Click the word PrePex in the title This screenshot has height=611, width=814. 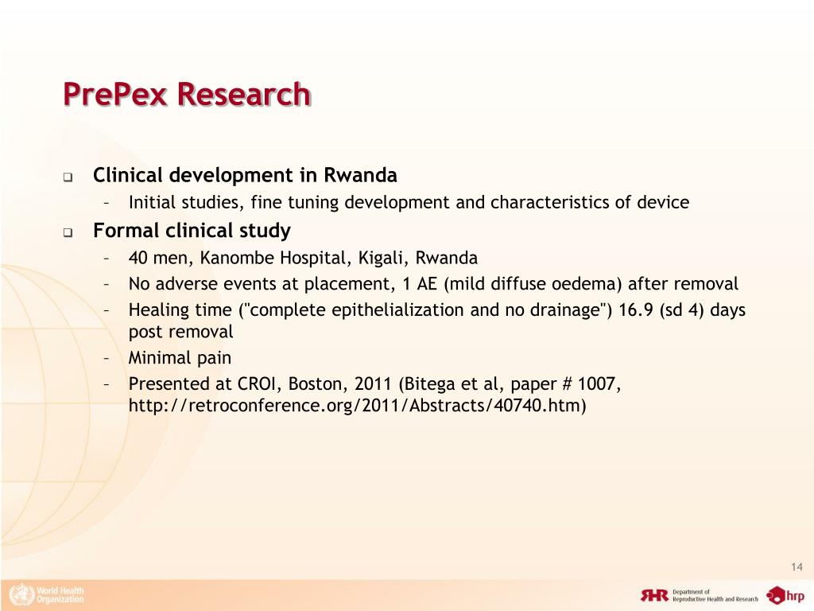116,95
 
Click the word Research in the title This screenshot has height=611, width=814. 243,95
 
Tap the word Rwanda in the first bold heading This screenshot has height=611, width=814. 359,175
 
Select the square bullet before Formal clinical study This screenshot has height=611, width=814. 68,233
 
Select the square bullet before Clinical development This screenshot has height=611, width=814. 68,177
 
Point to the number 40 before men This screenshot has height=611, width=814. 138,258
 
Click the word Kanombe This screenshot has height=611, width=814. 238,258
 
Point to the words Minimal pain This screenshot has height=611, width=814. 180,357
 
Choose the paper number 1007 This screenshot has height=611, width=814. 597,384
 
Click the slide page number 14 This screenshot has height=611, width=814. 797,566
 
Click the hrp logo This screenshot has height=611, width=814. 785,595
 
